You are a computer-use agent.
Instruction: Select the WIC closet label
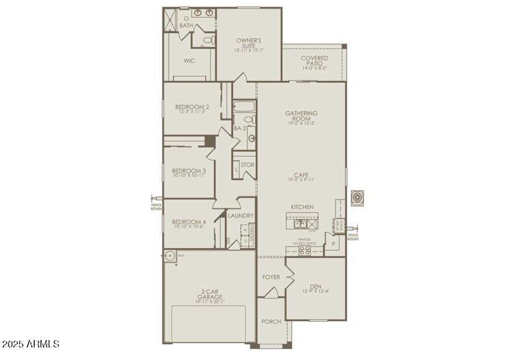tap(189, 61)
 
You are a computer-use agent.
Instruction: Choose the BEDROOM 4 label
tap(189, 222)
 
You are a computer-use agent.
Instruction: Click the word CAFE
tap(301, 175)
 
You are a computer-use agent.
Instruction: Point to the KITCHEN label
tap(302, 207)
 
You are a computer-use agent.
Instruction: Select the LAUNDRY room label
tap(241, 216)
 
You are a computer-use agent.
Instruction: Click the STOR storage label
tap(248, 165)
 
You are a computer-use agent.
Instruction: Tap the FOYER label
tap(271, 277)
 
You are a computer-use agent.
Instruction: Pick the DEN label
tap(316, 287)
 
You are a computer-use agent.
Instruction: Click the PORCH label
tap(271, 321)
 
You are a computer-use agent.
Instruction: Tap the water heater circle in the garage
tap(170, 256)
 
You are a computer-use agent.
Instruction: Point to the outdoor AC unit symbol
tap(358, 198)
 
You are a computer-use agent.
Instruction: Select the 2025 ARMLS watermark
tap(31, 344)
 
